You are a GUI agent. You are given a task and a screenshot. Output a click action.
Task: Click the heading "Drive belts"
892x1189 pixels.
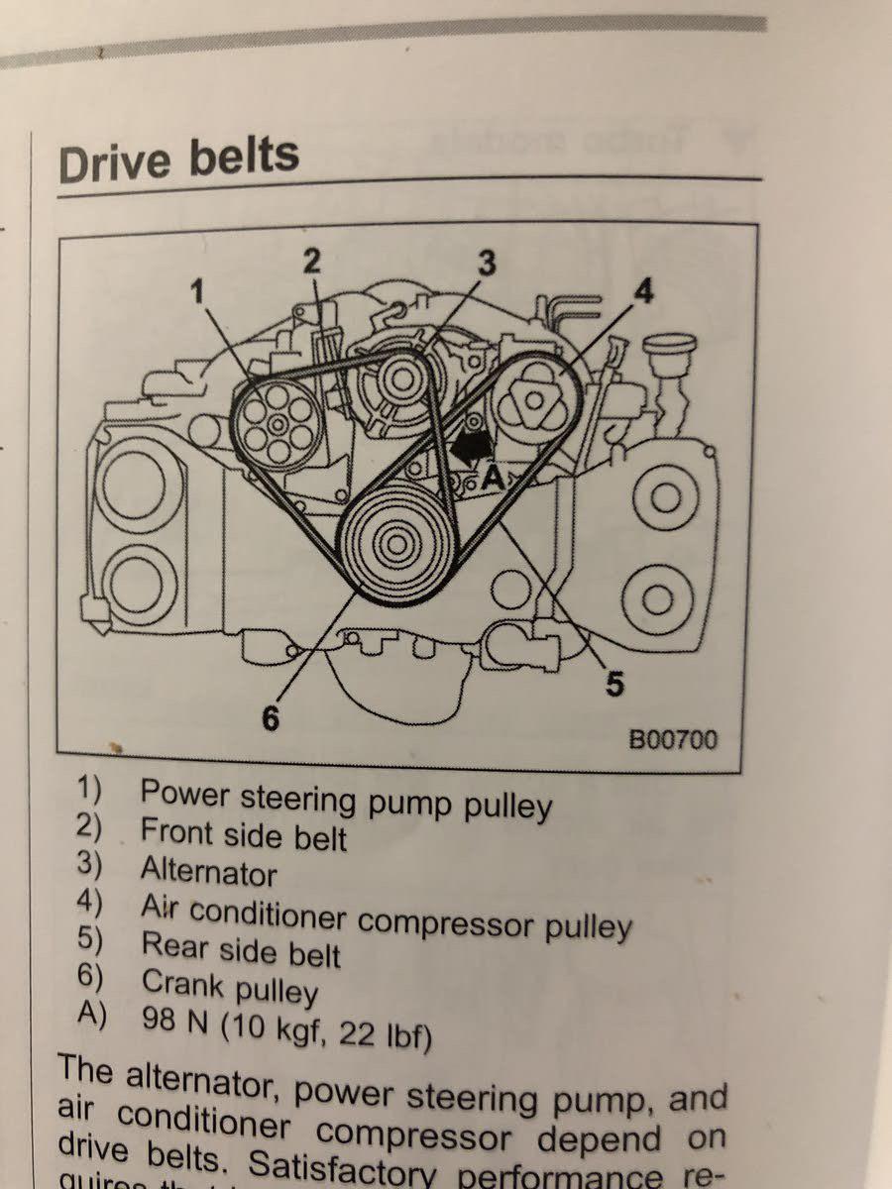tap(178, 159)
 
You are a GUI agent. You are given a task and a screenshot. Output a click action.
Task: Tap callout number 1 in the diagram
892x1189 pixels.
tap(199, 290)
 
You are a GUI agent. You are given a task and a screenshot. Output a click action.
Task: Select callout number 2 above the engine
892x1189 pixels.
tap(312, 261)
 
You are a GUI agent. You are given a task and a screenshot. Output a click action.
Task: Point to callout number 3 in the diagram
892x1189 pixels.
tap(486, 263)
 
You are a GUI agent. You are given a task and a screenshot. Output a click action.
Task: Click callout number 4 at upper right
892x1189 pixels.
tap(643, 292)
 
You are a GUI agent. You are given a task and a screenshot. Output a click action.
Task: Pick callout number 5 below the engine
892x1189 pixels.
tap(613, 684)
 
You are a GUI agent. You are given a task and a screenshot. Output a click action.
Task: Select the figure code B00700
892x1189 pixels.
tap(673, 740)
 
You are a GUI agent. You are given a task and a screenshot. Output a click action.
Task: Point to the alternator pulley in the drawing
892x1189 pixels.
tap(402, 378)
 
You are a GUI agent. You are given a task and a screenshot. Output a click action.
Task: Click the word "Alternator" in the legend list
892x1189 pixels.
tap(209, 872)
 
